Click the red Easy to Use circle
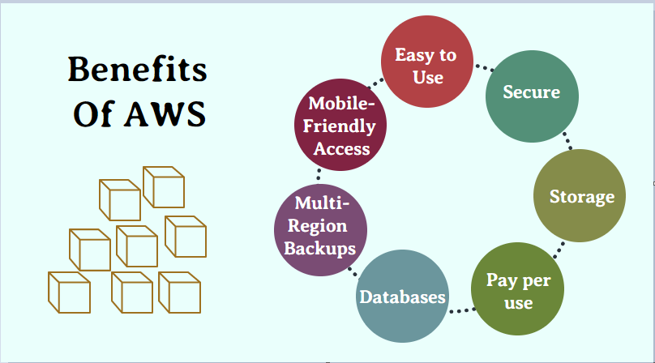pyautogui.click(x=427, y=62)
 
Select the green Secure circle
pyautogui.click(x=532, y=96)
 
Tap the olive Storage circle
pyautogui.click(x=580, y=195)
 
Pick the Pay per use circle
pyautogui.click(x=517, y=288)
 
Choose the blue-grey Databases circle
pyautogui.click(x=402, y=297)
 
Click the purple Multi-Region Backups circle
pyautogui.click(x=320, y=230)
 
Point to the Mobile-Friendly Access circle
pyautogui.click(x=340, y=125)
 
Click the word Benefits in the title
pyautogui.click(x=138, y=69)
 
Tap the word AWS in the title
pyautogui.click(x=165, y=113)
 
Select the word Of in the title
pyautogui.click(x=93, y=113)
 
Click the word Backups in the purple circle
pyautogui.click(x=320, y=248)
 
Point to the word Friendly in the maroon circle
pyautogui.click(x=339, y=126)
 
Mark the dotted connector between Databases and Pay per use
pyautogui.click(x=462, y=310)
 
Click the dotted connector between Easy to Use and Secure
pyautogui.click(x=485, y=68)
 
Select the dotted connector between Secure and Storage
pyautogui.click(x=567, y=141)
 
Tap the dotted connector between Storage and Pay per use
pyautogui.click(x=559, y=250)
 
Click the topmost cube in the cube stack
pyautogui.click(x=164, y=187)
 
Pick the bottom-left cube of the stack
pyautogui.click(x=70, y=293)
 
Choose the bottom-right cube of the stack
pyautogui.click(x=180, y=293)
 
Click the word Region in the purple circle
pyautogui.click(x=318, y=226)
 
